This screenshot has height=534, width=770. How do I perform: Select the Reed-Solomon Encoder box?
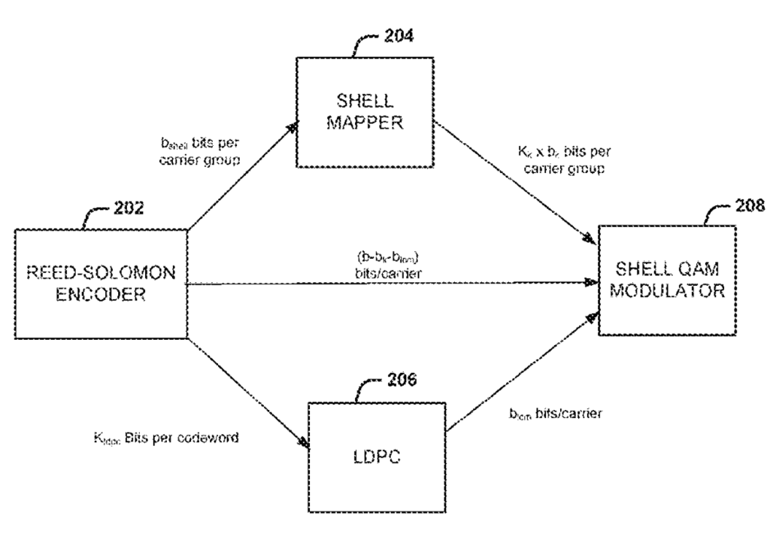click(101, 284)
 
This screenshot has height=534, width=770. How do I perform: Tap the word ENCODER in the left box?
click(101, 296)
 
